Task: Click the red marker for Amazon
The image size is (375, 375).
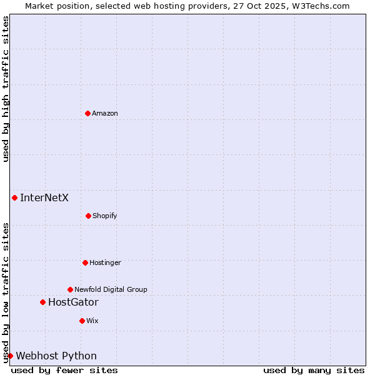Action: click(x=87, y=113)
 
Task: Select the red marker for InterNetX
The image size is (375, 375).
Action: click(x=14, y=198)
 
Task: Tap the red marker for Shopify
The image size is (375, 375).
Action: click(x=88, y=216)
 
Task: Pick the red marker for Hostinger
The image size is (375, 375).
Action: click(x=85, y=262)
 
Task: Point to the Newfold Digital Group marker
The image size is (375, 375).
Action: click(x=70, y=289)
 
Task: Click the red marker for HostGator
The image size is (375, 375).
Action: click(x=42, y=302)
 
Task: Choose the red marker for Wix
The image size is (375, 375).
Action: click(x=82, y=321)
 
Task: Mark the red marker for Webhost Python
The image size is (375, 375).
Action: click(x=10, y=356)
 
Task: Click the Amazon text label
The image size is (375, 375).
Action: click(x=105, y=113)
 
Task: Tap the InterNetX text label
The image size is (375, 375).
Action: click(x=44, y=198)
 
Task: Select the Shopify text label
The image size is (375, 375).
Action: click(x=105, y=216)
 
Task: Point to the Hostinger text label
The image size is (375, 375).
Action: click(x=105, y=262)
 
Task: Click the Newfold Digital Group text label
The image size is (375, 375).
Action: click(x=111, y=289)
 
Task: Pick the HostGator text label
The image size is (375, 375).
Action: click(x=73, y=302)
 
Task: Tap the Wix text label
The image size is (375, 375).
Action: click(x=92, y=321)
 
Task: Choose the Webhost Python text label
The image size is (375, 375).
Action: click(x=56, y=356)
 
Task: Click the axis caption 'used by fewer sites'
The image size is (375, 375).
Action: click(x=64, y=370)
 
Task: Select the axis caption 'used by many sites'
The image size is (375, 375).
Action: click(x=314, y=370)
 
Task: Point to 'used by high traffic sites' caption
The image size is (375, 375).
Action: click(x=6, y=89)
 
